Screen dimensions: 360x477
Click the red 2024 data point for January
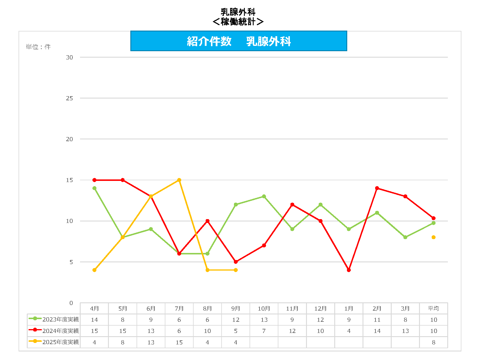click(349, 270)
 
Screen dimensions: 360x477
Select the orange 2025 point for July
click(179, 180)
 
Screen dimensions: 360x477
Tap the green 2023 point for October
click(264, 196)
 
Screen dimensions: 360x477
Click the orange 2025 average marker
click(433, 237)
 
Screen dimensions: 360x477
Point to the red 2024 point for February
click(377, 188)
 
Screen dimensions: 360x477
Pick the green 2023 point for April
click(94, 188)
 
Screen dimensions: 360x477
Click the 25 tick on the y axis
click(69, 98)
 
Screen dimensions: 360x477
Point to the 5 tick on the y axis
click(71, 262)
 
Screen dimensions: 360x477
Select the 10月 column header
click(264, 309)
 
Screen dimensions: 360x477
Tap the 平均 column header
click(433, 309)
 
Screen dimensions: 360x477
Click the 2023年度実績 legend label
click(61, 320)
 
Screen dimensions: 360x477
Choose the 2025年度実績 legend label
click(61, 342)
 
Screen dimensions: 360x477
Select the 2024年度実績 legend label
click(61, 331)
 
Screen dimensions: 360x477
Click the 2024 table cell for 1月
click(349, 331)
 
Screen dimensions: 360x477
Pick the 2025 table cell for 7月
click(179, 342)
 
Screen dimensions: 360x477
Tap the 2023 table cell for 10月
click(264, 320)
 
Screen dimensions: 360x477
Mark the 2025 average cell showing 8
click(433, 342)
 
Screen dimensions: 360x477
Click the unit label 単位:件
click(38, 47)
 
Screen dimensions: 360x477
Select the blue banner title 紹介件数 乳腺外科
click(239, 41)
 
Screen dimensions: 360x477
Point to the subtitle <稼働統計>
click(238, 22)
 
